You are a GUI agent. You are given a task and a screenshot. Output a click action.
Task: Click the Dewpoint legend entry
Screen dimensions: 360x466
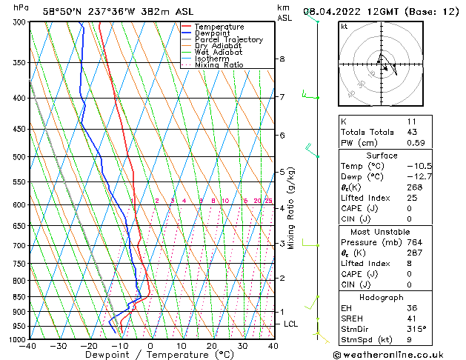tap(212, 33)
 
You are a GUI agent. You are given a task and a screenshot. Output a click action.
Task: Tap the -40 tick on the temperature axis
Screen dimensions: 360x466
tap(29, 346)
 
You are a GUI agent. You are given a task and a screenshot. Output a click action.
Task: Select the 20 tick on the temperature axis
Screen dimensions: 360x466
tap(212, 346)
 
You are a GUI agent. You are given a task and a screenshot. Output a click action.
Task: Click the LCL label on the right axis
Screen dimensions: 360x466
tap(291, 324)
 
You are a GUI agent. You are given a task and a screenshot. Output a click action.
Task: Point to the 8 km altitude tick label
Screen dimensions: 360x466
tap(282, 59)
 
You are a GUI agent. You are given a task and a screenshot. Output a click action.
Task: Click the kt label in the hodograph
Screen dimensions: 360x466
tap(344, 27)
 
